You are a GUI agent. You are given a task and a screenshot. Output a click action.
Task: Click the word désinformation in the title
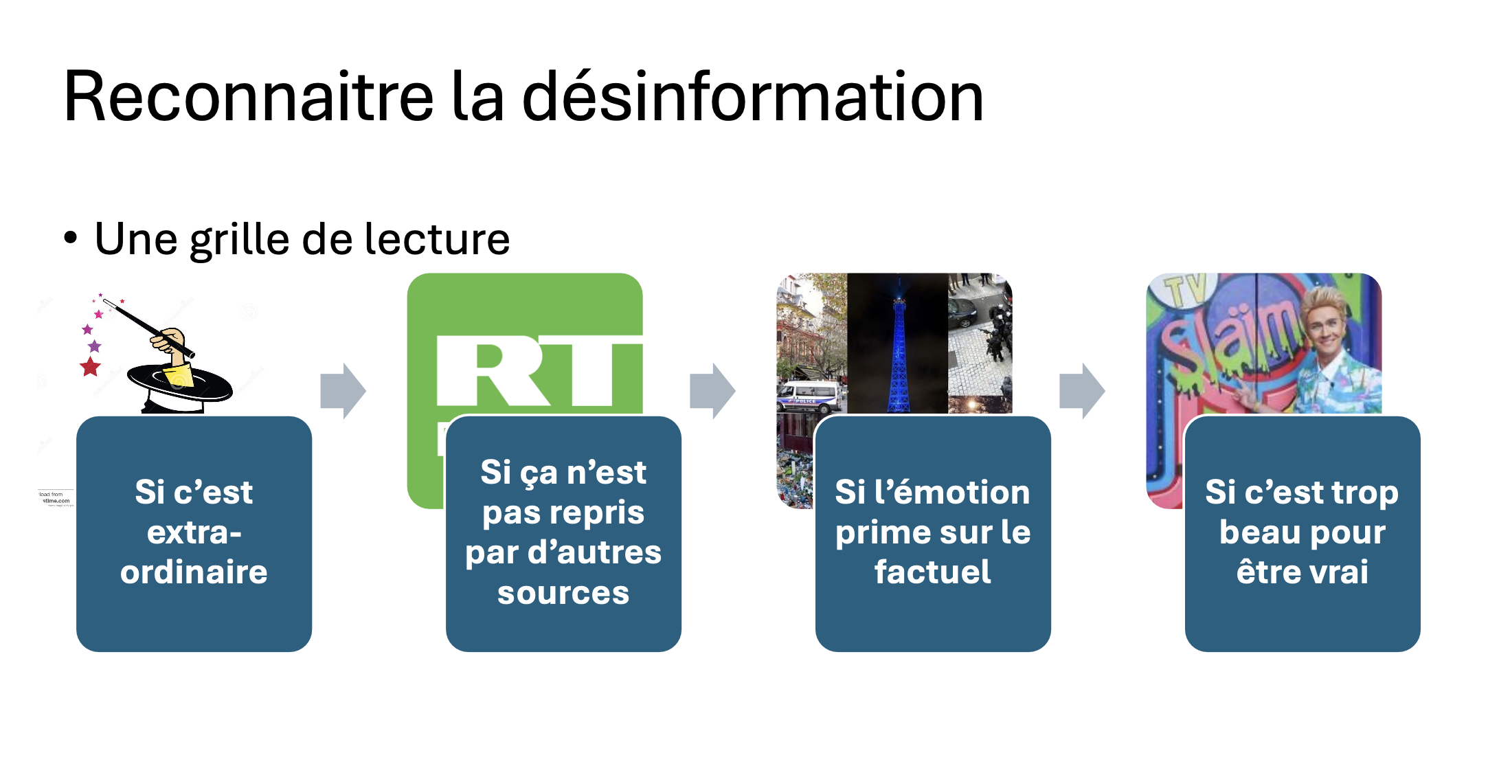tap(753, 97)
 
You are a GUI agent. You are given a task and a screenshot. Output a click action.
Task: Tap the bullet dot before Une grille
tap(71, 238)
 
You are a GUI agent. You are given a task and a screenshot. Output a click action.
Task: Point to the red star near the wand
tap(90, 367)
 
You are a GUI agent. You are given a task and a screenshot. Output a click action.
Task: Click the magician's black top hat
tap(180, 385)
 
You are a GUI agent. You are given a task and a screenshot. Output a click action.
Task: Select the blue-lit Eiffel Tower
tap(897, 350)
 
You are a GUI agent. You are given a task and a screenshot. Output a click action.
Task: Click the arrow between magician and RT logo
tap(343, 391)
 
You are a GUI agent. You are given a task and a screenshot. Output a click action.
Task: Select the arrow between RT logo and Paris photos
tap(712, 391)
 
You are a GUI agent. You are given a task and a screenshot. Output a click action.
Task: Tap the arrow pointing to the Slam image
tap(1082, 391)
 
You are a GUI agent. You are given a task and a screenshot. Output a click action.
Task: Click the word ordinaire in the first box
tap(194, 572)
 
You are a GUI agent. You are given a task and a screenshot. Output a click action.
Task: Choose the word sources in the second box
tap(563, 593)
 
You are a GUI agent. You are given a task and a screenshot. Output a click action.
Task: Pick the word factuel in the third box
tap(932, 572)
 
